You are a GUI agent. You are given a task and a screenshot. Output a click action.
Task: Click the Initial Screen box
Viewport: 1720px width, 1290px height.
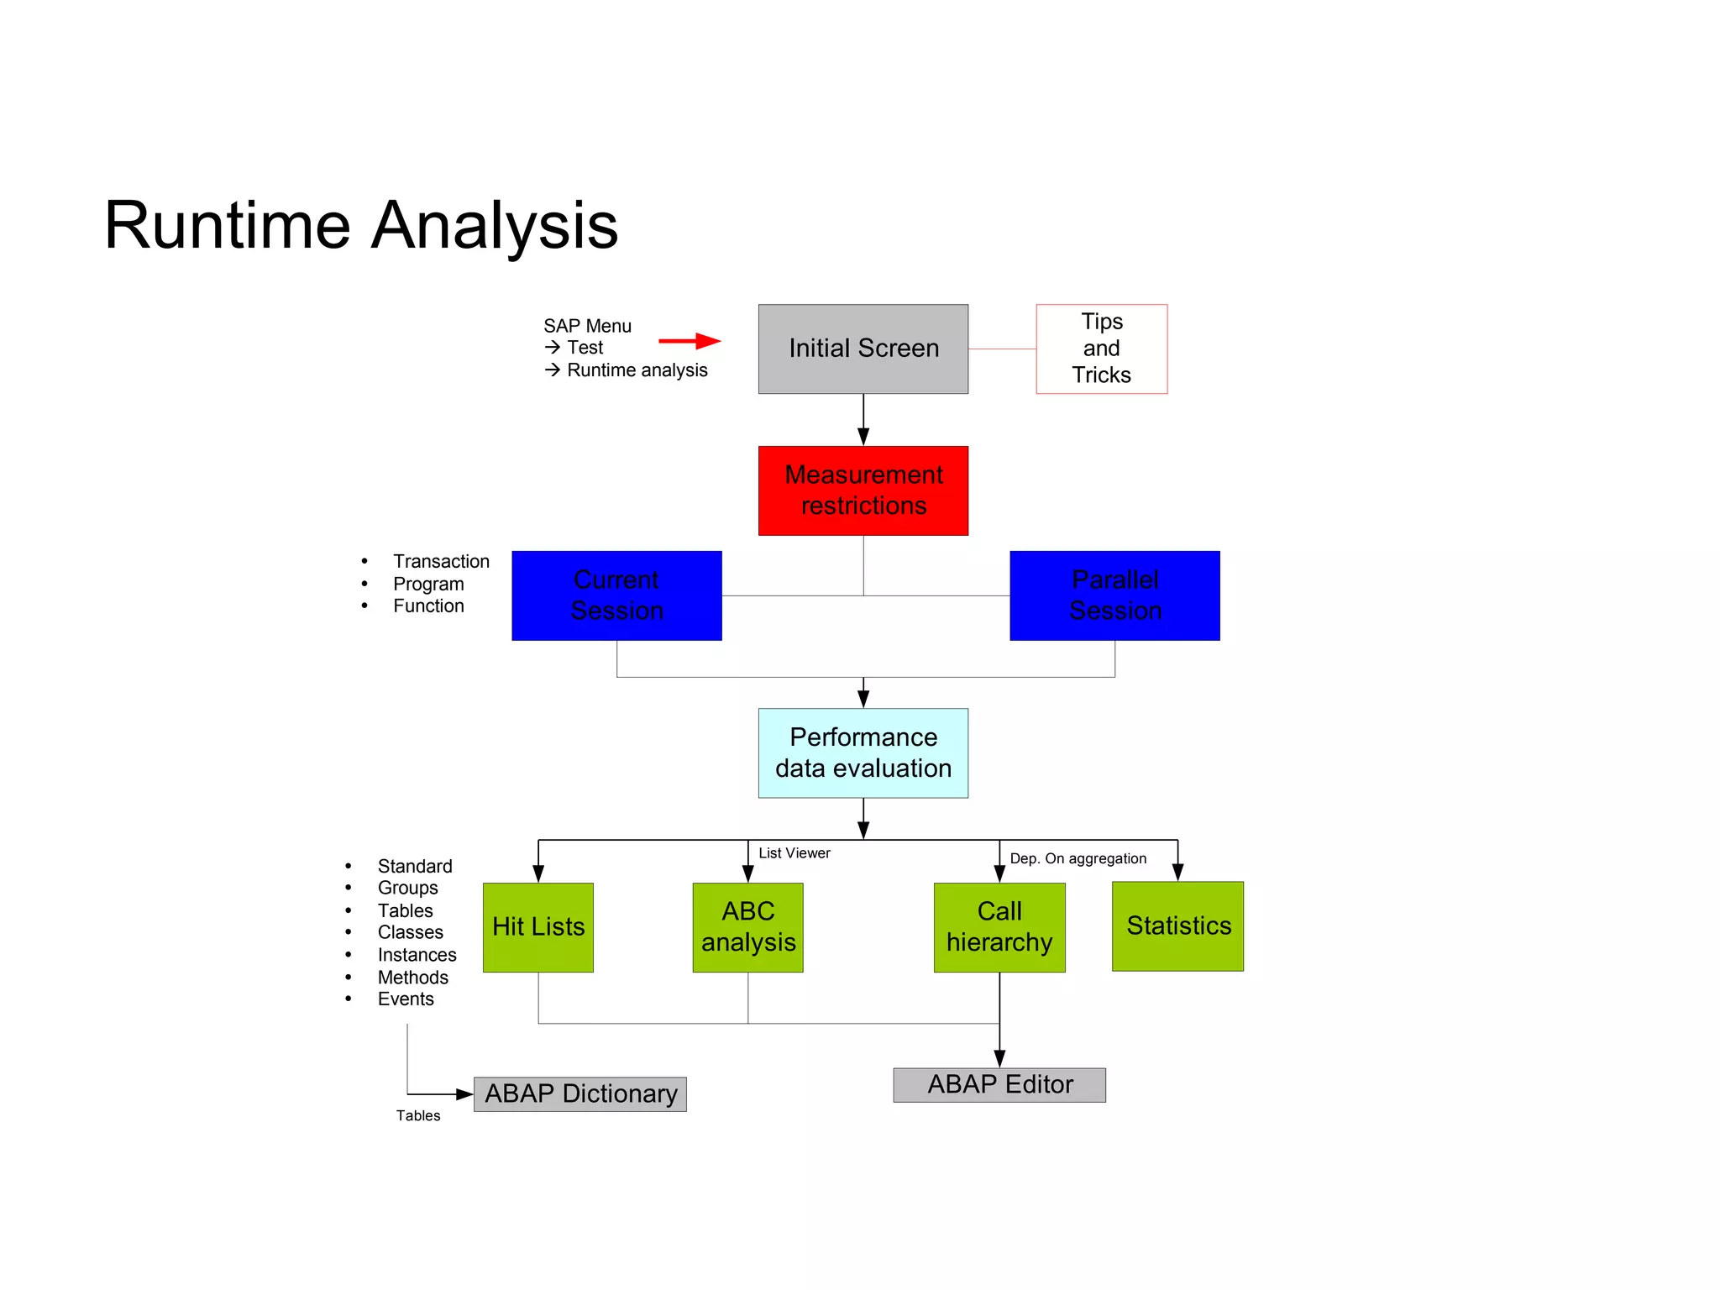click(x=863, y=349)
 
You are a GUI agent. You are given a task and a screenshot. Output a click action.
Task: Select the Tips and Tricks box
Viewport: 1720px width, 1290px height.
click(x=1101, y=349)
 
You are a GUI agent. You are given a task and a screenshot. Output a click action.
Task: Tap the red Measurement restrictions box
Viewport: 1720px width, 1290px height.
click(x=863, y=490)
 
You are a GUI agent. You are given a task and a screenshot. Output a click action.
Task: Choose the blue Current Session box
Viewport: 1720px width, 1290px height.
click(x=616, y=595)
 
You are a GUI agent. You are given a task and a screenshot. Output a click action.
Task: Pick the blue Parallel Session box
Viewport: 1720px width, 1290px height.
click(x=1114, y=595)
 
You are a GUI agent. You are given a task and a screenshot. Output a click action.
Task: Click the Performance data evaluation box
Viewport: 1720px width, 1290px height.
click(x=863, y=752)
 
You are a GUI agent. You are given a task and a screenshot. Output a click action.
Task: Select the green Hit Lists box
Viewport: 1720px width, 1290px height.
click(x=538, y=927)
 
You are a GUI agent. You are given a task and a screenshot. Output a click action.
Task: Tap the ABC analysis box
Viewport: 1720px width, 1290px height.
click(x=747, y=927)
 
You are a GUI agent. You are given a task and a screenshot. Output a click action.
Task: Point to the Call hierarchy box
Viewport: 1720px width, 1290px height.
click(x=999, y=927)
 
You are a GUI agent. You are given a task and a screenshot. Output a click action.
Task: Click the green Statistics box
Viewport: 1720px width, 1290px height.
click(x=1177, y=926)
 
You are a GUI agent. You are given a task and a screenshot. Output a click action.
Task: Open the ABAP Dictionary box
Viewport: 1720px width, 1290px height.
click(x=580, y=1093)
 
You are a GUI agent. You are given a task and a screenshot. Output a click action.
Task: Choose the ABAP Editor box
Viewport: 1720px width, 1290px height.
click(x=999, y=1084)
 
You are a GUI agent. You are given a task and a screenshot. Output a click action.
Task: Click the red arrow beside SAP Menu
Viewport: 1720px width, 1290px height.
click(x=690, y=341)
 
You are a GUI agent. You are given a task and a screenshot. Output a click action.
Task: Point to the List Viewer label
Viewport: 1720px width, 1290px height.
click(x=794, y=853)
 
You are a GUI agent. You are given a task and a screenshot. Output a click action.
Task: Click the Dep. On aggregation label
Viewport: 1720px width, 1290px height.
click(x=1078, y=858)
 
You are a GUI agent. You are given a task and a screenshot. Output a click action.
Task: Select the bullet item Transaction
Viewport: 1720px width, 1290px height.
click(x=441, y=561)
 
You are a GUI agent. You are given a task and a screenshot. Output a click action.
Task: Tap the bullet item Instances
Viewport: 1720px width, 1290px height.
click(x=417, y=955)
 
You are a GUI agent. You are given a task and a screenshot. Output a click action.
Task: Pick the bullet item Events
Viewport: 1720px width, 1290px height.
click(x=406, y=999)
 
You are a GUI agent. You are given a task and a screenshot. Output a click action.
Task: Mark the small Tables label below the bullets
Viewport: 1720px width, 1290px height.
click(x=418, y=1115)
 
